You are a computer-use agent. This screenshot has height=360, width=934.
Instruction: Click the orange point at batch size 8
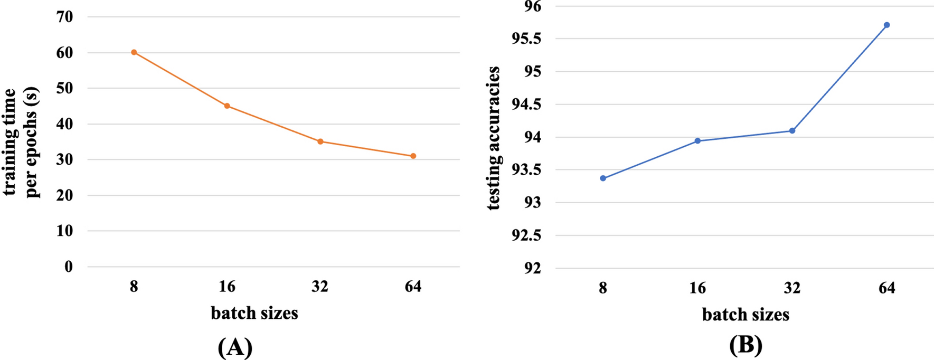pos(134,52)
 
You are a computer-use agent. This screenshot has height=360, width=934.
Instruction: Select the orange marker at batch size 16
pos(227,106)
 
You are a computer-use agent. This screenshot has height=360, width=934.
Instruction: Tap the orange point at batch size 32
pos(320,141)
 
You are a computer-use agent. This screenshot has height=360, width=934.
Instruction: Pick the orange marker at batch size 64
pos(413,156)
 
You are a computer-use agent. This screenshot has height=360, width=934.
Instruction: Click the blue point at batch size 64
pos(887,25)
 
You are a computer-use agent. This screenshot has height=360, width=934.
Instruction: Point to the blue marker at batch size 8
pos(603,178)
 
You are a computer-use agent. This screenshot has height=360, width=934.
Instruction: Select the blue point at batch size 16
pos(697,141)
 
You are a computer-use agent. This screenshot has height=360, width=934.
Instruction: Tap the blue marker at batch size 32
pos(792,130)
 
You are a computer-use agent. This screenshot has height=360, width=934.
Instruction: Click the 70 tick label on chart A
pos(64,17)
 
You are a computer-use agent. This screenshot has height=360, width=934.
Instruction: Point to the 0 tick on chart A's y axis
pos(69,267)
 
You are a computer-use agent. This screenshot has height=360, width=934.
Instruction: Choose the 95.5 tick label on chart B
pos(526,39)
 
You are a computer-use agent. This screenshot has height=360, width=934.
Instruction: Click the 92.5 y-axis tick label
pos(526,235)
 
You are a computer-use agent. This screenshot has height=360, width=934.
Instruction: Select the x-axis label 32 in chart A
pos(320,287)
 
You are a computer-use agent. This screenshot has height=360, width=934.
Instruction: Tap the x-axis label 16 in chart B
pos(697,288)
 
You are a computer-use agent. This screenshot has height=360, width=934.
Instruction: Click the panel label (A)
pos(235,347)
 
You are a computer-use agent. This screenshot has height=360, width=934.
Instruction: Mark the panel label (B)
pos(746,345)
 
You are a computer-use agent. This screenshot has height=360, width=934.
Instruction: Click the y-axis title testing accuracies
pos(493,138)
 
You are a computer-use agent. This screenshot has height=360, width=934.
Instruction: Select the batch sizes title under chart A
pos(254,313)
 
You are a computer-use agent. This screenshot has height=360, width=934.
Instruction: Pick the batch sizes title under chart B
pos(746,315)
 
